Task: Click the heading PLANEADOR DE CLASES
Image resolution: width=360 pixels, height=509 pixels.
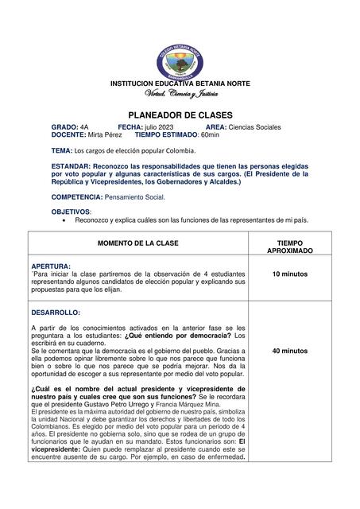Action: (x=180, y=115)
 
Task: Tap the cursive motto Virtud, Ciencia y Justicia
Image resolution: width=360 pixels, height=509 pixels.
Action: (x=180, y=95)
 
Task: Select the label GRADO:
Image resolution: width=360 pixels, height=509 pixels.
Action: (x=65, y=127)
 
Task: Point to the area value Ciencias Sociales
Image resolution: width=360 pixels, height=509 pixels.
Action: (x=255, y=127)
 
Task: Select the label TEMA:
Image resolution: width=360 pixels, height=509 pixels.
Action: (x=61, y=150)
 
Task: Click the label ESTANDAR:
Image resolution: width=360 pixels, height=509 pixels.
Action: (x=74, y=165)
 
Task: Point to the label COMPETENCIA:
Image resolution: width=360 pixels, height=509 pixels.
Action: (x=77, y=196)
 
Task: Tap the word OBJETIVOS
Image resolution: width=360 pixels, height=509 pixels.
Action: (x=71, y=212)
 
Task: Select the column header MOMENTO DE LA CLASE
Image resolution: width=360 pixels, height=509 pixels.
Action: (x=138, y=242)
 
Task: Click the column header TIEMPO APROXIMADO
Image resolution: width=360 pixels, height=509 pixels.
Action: (x=289, y=246)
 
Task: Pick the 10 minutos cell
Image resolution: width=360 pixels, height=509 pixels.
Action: (x=289, y=274)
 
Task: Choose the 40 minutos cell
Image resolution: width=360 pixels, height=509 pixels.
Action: (x=289, y=350)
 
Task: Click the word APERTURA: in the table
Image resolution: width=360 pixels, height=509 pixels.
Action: (x=51, y=266)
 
